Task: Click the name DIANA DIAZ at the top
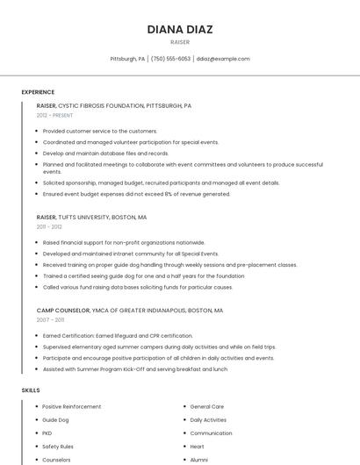(180, 29)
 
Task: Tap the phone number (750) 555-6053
(170, 59)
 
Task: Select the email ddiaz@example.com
(223, 59)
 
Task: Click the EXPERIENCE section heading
(38, 92)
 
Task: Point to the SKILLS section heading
(31, 390)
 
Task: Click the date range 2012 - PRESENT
(54, 115)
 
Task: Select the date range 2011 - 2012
(49, 226)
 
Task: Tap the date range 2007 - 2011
(50, 320)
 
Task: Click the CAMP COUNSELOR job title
(63, 311)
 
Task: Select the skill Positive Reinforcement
(72, 407)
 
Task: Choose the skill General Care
(207, 407)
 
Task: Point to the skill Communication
(211, 433)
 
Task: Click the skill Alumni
(199, 460)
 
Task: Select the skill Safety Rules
(58, 447)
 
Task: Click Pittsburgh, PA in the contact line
(127, 59)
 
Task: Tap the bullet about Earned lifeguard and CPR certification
(118, 335)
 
